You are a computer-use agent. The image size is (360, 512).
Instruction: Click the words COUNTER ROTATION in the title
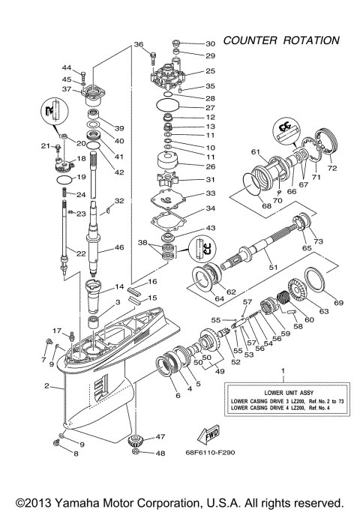tap(281, 40)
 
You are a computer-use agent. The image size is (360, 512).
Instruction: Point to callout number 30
tap(210, 43)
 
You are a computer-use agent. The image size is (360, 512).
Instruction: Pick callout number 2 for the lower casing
tap(46, 387)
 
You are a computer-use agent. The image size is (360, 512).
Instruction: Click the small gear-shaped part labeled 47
tap(136, 440)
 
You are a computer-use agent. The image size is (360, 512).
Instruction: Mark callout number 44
tap(66, 67)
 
